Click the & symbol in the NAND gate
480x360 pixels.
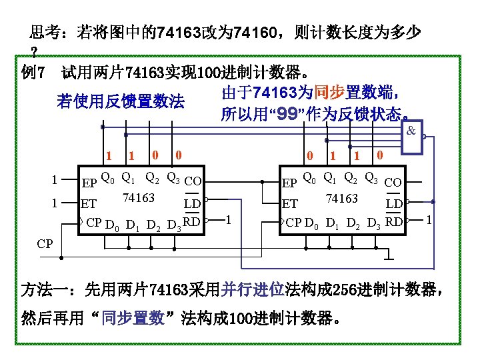pos(411,131)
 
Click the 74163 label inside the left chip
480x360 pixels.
pos(138,198)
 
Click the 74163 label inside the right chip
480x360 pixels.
pos(341,198)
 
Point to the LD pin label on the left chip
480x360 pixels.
pos(193,202)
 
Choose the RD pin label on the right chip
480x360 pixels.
pos(394,221)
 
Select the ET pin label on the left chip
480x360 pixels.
pos(88,204)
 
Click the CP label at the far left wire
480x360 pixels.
pos(45,243)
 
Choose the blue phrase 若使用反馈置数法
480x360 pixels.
pos(120,101)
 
